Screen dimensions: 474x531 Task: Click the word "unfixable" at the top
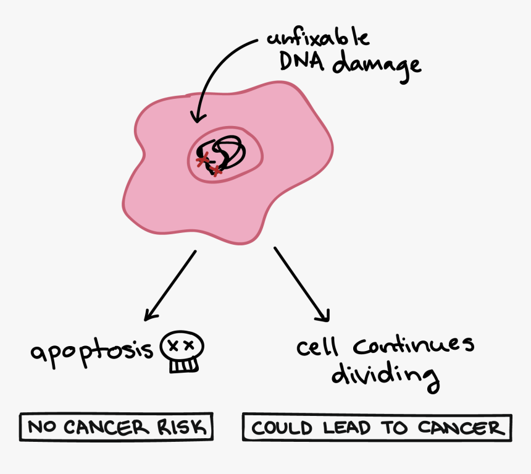(319, 38)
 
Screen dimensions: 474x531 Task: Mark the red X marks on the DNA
(207, 164)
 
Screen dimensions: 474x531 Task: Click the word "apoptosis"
(92, 352)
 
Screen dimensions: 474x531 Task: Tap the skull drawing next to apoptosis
(182, 352)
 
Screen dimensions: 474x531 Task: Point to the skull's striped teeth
(183, 366)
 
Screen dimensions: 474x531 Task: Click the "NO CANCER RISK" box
(115, 427)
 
